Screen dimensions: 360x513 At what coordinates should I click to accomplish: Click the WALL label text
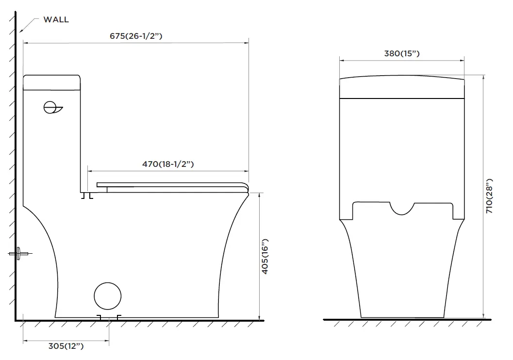56,20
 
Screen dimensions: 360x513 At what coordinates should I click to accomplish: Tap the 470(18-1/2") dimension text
168,164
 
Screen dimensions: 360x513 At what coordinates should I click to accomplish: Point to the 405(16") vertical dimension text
265,257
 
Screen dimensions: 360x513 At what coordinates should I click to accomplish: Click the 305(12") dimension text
66,346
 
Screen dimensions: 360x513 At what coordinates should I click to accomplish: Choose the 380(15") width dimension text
401,54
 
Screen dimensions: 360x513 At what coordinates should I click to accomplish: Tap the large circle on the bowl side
107,295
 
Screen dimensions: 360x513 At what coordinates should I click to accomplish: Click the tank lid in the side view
51,82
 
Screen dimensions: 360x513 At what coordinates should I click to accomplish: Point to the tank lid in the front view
402,87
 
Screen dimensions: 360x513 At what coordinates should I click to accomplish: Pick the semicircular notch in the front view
402,209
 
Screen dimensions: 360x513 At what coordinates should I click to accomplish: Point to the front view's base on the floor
402,316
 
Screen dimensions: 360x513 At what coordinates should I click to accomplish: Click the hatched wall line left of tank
15,146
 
